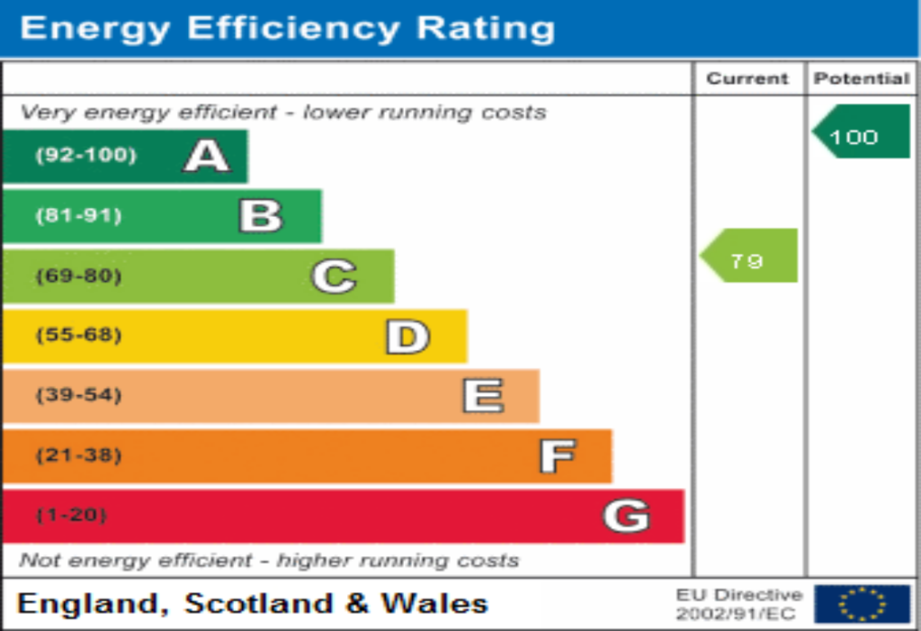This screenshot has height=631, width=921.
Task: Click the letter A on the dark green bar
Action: point(207,156)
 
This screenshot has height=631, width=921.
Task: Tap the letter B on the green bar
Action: point(261,216)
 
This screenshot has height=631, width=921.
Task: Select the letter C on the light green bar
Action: point(334,276)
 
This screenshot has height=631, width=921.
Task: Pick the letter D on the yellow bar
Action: point(407,337)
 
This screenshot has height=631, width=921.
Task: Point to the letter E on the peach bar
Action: point(483,396)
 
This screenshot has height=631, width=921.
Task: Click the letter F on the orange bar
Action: point(557,456)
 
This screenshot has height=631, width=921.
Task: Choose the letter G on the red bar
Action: point(626,516)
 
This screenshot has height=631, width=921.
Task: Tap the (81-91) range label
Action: point(78,216)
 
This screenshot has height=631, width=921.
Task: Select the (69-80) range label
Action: point(78,276)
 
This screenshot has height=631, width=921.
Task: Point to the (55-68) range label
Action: point(78,336)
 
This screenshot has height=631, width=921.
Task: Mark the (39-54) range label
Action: point(78,396)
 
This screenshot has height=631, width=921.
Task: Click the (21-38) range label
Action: point(78,455)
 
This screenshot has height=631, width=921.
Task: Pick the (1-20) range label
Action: point(72,516)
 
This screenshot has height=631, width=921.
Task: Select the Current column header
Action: point(747,79)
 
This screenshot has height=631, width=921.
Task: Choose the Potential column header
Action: point(862,79)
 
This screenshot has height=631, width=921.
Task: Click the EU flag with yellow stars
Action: point(862,603)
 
